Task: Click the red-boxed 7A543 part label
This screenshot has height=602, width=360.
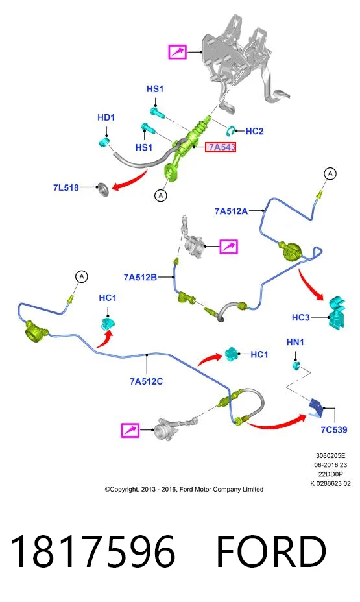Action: click(221, 147)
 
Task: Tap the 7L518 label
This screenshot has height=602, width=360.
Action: click(66, 187)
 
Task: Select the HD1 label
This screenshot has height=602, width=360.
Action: click(106, 117)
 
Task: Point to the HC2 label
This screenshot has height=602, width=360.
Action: click(254, 131)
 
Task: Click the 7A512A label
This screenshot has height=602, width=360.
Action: click(231, 211)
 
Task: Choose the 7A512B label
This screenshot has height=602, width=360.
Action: click(140, 277)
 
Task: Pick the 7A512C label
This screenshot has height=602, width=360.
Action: click(146, 381)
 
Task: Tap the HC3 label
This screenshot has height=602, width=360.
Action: click(300, 317)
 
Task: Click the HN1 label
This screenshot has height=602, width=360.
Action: click(295, 342)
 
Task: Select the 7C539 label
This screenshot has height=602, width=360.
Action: click(334, 429)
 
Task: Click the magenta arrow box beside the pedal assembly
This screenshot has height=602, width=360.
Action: click(177, 51)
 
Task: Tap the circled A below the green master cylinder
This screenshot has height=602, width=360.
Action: click(161, 195)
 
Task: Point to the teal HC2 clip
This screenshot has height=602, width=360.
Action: click(231, 130)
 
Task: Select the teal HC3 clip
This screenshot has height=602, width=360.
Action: click(336, 312)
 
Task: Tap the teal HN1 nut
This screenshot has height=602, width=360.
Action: click(296, 365)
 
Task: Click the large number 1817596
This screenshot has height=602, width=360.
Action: click(93, 551)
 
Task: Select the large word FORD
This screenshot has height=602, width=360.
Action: click(271, 551)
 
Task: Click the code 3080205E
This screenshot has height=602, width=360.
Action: click(330, 456)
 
